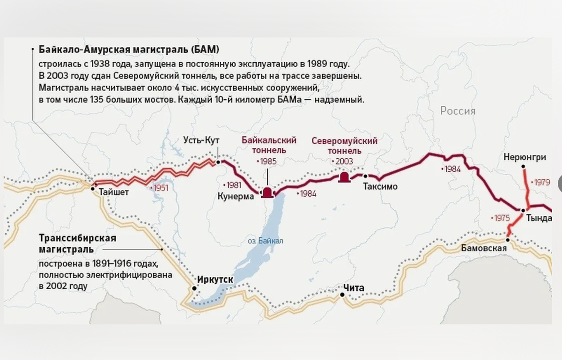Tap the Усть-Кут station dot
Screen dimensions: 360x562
tap(218, 162)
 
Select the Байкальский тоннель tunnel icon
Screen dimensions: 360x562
tap(267, 192)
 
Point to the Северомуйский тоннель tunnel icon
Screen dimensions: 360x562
tap(344, 177)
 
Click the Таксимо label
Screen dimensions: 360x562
tap(380, 187)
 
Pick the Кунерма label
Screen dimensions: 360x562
tap(236, 196)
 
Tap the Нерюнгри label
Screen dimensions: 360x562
tap(525, 157)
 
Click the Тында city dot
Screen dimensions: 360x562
tap(523, 210)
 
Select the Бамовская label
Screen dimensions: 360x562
tap(484, 248)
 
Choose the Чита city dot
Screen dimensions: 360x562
tap(342, 294)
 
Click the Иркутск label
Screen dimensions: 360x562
tap(215, 279)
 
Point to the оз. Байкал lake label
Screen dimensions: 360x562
tap(266, 241)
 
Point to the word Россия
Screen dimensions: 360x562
tap(458, 111)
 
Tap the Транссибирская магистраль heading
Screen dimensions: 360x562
tap(77, 243)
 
